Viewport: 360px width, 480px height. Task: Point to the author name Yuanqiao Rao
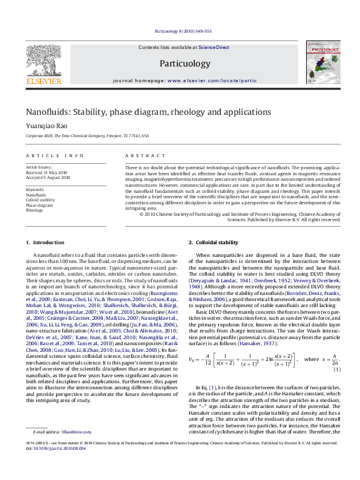click(44, 126)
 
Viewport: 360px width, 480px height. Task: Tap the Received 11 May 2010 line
click(46, 172)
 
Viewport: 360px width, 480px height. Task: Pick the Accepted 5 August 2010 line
click(48, 178)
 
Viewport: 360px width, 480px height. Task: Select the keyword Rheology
click(34, 210)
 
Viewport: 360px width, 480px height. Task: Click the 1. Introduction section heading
click(45, 242)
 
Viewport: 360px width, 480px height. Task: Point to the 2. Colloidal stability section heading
click(214, 242)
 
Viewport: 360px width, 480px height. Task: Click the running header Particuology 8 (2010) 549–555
click(182, 30)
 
